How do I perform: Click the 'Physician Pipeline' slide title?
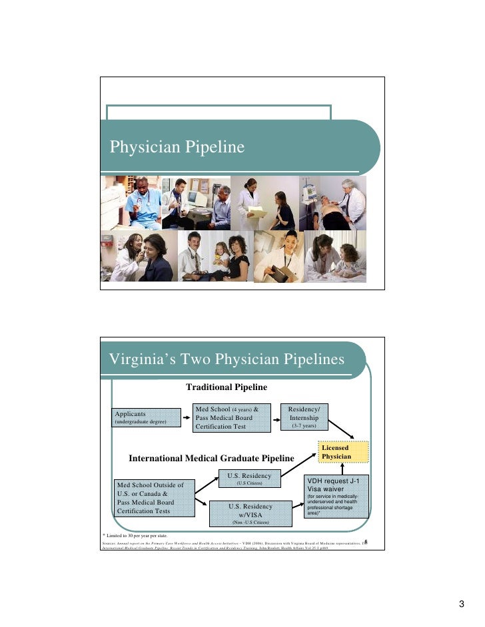pyautogui.click(x=177, y=147)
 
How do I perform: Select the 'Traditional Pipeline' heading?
pyautogui.click(x=226, y=387)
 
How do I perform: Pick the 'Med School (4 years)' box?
pyautogui.click(x=230, y=417)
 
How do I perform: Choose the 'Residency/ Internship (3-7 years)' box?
pyautogui.click(x=304, y=416)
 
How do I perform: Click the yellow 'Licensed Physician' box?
pyautogui.click(x=342, y=452)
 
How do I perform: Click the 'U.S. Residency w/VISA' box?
pyautogui.click(x=250, y=509)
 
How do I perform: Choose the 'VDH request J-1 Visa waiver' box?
pyautogui.click(x=336, y=496)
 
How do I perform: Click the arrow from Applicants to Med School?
pyautogui.click(x=186, y=418)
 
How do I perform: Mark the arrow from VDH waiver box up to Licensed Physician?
pyautogui.click(x=343, y=468)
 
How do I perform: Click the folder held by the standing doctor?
pyautogui.click(x=256, y=211)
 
